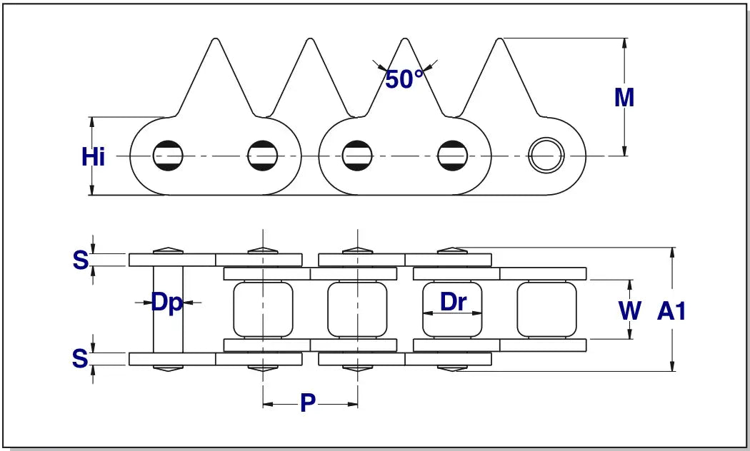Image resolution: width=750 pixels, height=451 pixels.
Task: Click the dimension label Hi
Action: pyautogui.click(x=94, y=156)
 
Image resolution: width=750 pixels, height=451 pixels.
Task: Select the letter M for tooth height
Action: pyautogui.click(x=624, y=98)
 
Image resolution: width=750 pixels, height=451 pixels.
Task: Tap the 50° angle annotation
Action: pyautogui.click(x=404, y=79)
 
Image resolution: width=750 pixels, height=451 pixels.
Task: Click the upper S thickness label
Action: pyautogui.click(x=81, y=260)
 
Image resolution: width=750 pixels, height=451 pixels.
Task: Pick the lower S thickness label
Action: pyautogui.click(x=81, y=358)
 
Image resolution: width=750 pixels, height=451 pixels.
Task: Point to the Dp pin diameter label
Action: pyautogui.click(x=167, y=303)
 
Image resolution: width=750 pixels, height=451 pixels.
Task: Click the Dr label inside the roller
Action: pyautogui.click(x=453, y=302)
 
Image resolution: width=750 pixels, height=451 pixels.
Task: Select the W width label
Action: pyautogui.click(x=629, y=310)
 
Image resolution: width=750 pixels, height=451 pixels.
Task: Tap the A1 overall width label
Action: pyautogui.click(x=671, y=310)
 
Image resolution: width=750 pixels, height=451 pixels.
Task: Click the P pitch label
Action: pyautogui.click(x=308, y=403)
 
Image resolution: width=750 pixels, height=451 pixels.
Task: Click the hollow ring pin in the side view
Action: pyautogui.click(x=545, y=156)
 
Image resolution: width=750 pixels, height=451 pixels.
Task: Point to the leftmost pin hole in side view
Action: pyautogui.click(x=169, y=156)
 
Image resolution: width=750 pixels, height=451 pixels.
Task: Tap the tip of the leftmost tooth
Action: pyautogui.click(x=213, y=39)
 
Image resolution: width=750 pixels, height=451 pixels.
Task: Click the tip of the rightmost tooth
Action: pyautogui.click(x=503, y=39)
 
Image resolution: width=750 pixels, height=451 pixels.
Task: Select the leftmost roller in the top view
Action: pyautogui.click(x=263, y=309)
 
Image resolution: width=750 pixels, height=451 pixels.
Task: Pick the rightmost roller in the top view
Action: pyautogui.click(x=546, y=309)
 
